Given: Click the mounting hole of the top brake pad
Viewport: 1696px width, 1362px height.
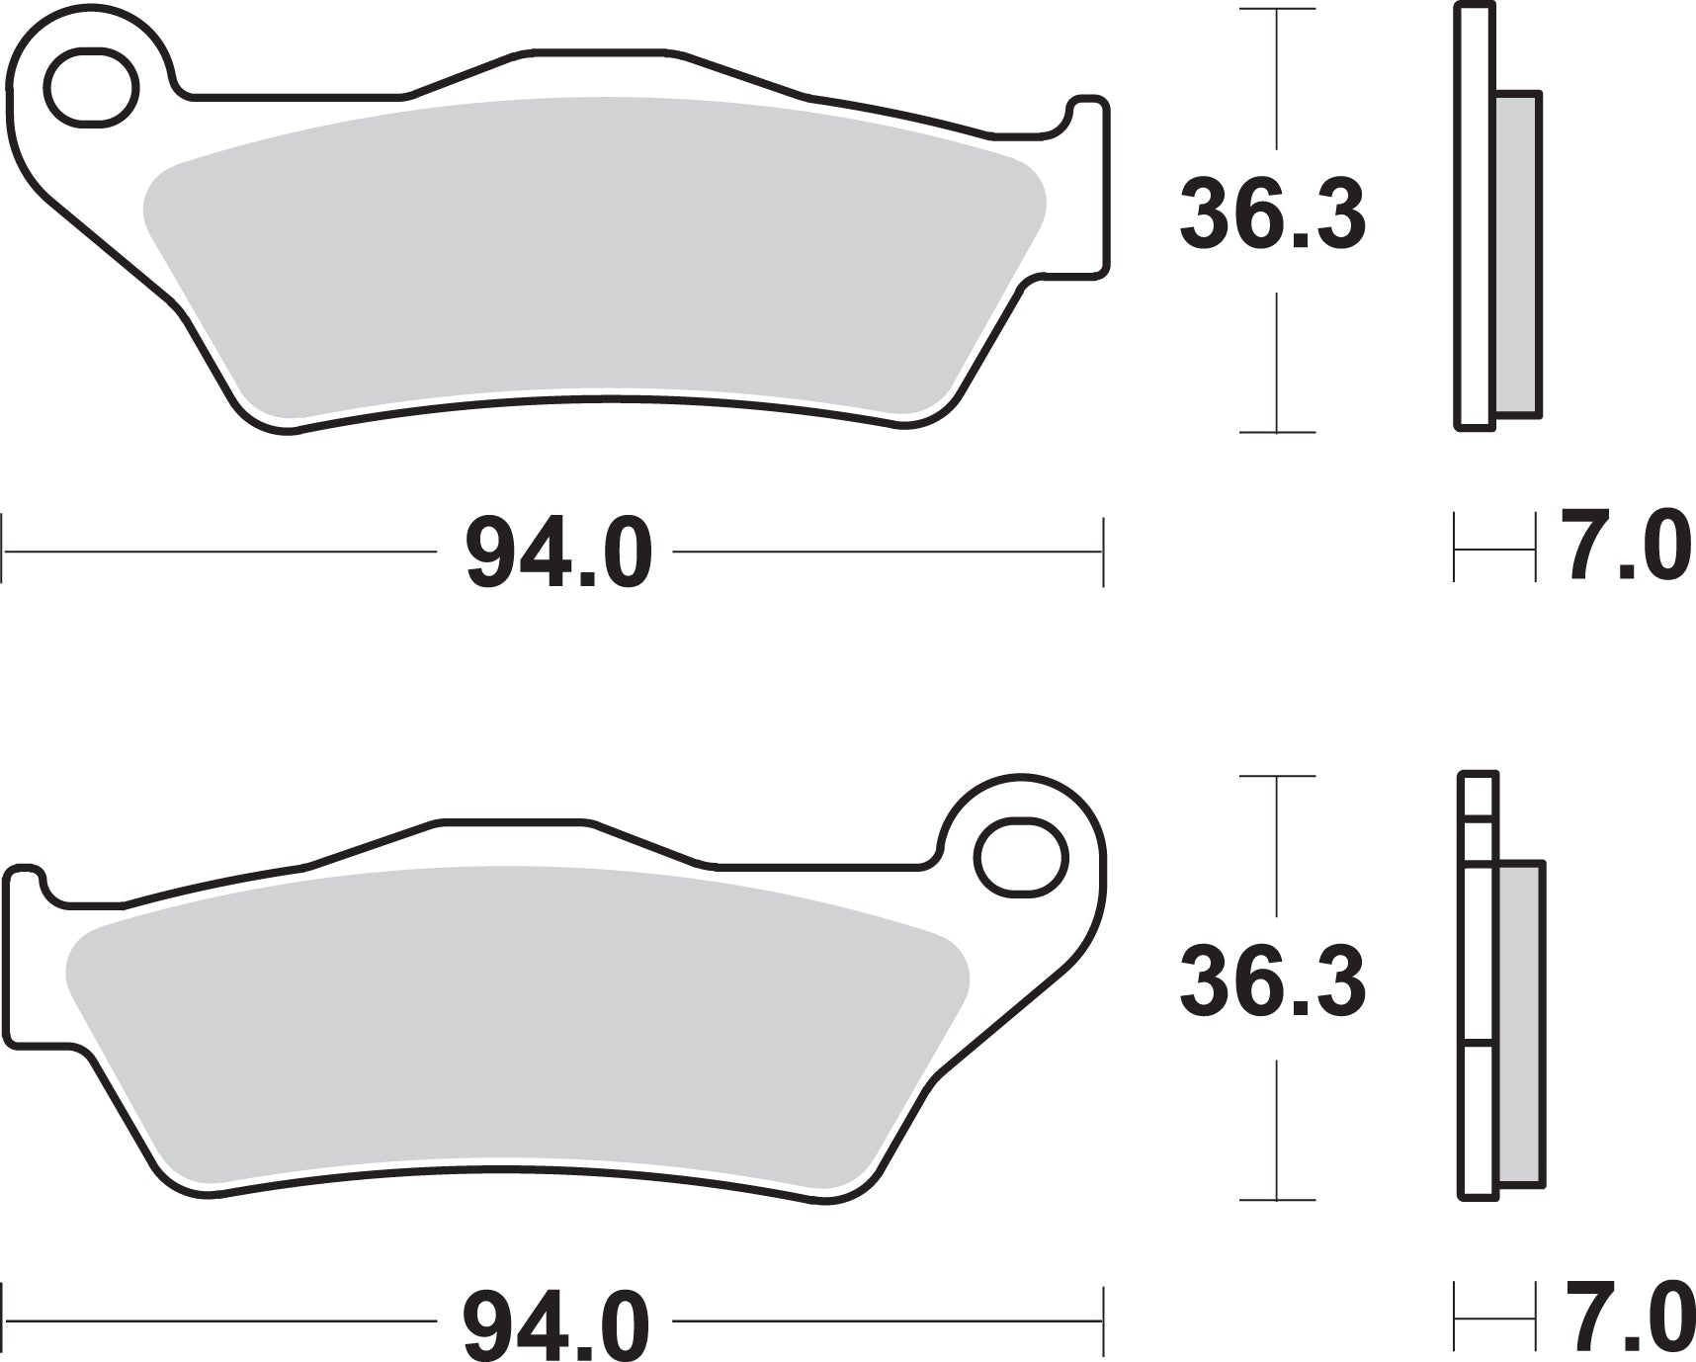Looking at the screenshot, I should pyautogui.click(x=92, y=88).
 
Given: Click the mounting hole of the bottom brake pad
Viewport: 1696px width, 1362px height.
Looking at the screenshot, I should pyautogui.click(x=1022, y=857).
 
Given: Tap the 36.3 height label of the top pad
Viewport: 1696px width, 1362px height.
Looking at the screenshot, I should pyautogui.click(x=1272, y=214).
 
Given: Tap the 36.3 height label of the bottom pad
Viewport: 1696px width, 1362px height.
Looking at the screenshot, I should pyautogui.click(x=1272, y=981).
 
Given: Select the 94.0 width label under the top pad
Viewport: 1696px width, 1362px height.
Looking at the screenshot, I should pyautogui.click(x=559, y=554).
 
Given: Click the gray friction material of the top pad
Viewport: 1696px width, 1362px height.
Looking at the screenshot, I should pyautogui.click(x=593, y=257).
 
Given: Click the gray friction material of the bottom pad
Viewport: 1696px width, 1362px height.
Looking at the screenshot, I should pyautogui.click(x=514, y=1028).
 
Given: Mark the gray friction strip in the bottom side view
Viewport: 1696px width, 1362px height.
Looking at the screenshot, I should pyautogui.click(x=1520, y=1023).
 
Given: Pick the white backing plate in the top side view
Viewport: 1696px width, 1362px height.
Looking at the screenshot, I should pyautogui.click(x=1473, y=217).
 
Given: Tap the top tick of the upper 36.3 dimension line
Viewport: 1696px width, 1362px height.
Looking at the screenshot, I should pyautogui.click(x=1277, y=10).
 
